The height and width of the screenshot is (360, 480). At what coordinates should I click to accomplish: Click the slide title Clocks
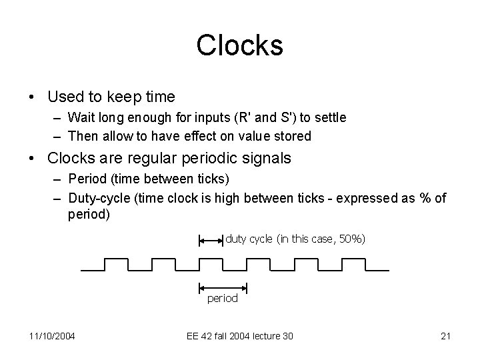tap(239, 45)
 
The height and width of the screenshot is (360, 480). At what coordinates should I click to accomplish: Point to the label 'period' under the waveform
tap(222, 299)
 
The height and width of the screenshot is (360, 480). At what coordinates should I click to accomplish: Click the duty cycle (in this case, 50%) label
tap(295, 239)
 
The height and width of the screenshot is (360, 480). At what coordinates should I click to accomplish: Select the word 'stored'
tap(293, 136)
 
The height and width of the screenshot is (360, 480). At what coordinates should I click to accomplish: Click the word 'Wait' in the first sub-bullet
tap(81, 117)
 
